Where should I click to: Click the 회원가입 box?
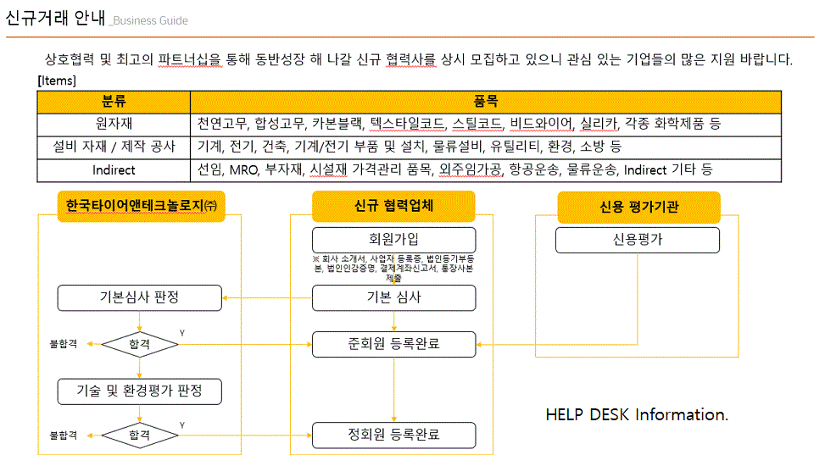[393, 240]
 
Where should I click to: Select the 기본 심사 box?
[393, 297]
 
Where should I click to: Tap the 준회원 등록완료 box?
[393, 344]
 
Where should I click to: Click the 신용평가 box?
[637, 240]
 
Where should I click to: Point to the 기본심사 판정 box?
[139, 297]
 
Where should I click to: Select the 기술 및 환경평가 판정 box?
[139, 391]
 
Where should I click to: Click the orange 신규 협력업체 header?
[393, 207]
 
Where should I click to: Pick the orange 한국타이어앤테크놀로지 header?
[140, 207]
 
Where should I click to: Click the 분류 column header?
[114, 102]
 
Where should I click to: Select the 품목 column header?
[485, 102]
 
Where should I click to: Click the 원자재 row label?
[114, 124]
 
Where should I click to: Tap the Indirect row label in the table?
[114, 169]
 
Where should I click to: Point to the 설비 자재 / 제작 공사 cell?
[114, 147]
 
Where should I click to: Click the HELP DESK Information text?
[637, 415]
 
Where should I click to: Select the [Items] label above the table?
[57, 81]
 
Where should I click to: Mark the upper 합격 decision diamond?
[139, 345]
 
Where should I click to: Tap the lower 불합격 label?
[64, 436]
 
